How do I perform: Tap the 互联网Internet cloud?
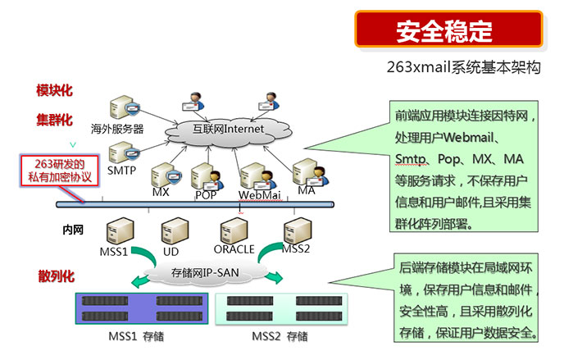[227, 129]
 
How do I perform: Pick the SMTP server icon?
[121, 153]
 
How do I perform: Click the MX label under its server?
[160, 192]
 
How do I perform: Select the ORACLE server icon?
[233, 230]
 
